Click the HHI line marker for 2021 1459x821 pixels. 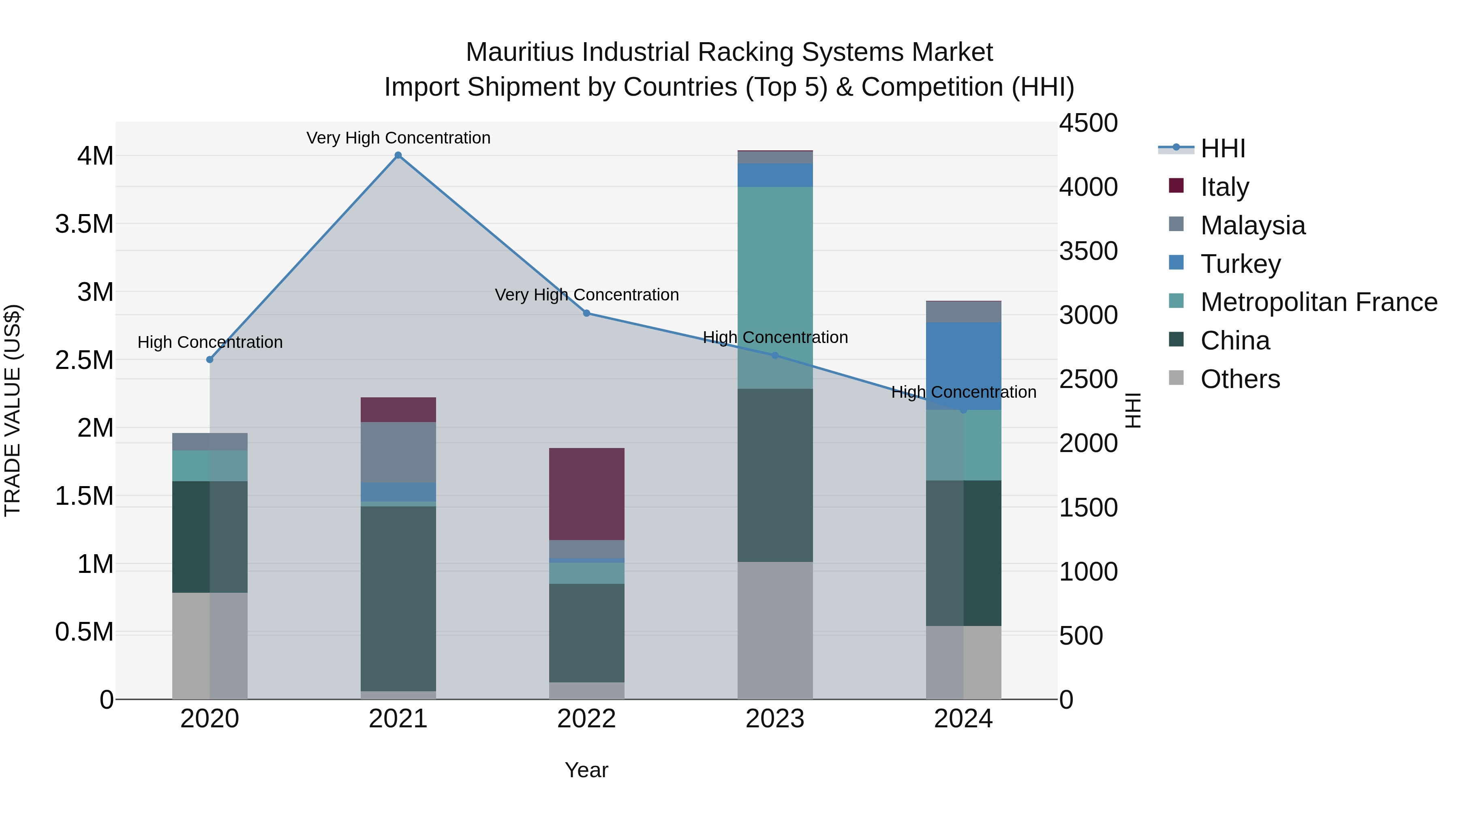click(x=398, y=155)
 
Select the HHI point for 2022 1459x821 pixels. click(x=587, y=313)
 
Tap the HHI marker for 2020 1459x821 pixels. click(x=210, y=360)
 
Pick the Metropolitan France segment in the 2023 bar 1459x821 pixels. click(x=775, y=287)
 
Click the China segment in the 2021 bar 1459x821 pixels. click(x=398, y=598)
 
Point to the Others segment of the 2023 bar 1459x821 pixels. click(x=775, y=630)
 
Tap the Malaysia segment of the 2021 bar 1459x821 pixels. click(x=398, y=452)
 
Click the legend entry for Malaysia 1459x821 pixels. click(x=1253, y=225)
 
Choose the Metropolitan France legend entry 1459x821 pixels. click(x=1318, y=302)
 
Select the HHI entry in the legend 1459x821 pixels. click(x=1223, y=148)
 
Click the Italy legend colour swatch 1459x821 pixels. click(x=1177, y=186)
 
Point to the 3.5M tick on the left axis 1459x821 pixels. click(x=84, y=224)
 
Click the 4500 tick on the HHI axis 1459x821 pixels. click(x=1088, y=124)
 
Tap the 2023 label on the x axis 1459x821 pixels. click(x=775, y=720)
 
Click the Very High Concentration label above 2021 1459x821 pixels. click(x=398, y=138)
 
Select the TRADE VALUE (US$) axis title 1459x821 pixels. click(x=13, y=410)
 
